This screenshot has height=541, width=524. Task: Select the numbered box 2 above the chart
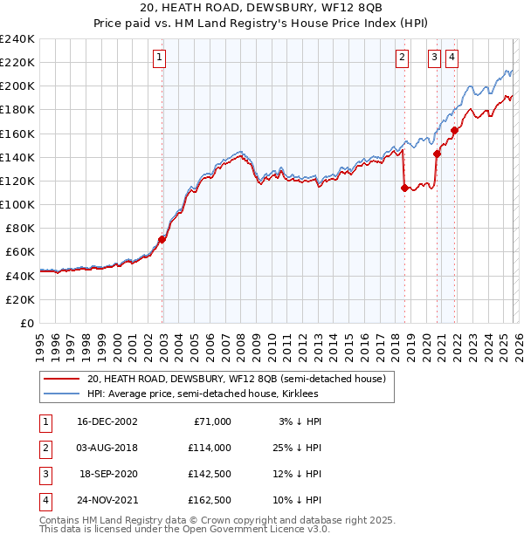(x=402, y=58)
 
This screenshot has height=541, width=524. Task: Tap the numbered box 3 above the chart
(x=434, y=58)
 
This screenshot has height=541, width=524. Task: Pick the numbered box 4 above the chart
(x=452, y=58)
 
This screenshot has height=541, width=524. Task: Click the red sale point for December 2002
(x=162, y=239)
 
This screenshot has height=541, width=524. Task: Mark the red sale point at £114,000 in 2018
(x=404, y=188)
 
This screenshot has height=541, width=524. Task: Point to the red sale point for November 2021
(x=455, y=131)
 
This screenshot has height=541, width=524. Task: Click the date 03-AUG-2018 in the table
(x=107, y=447)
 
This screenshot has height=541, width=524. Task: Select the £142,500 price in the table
(x=210, y=474)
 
